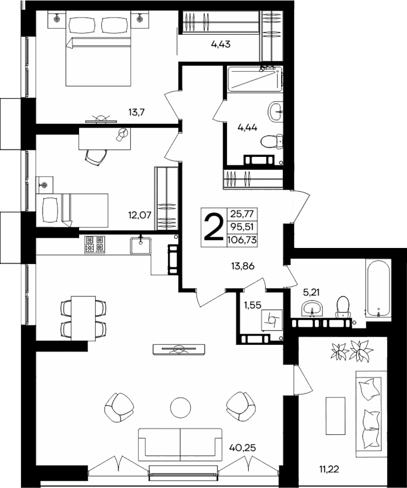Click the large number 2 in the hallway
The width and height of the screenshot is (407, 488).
214,227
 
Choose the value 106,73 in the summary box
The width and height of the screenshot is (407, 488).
242,240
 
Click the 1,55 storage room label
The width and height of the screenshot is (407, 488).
251,305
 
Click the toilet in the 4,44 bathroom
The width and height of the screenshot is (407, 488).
272,140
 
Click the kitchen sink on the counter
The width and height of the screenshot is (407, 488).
140,245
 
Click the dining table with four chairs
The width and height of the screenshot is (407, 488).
84,318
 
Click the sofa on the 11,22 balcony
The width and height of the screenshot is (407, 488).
369,408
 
